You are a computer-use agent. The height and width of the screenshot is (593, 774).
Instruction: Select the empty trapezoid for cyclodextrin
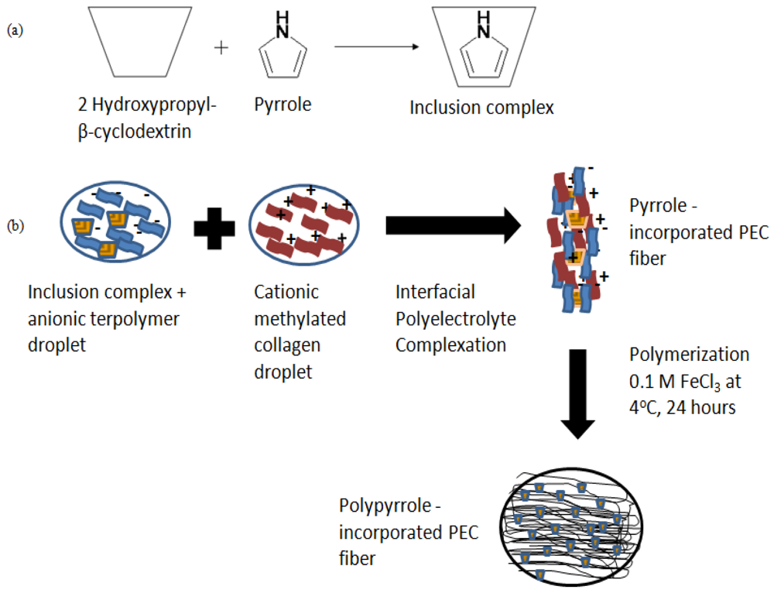pyautogui.click(x=136, y=41)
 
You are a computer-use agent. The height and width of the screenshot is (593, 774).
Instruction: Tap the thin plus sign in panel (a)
pyautogui.click(x=222, y=48)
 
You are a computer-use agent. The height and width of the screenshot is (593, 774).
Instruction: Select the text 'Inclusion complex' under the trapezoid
pyautogui.click(x=481, y=108)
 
